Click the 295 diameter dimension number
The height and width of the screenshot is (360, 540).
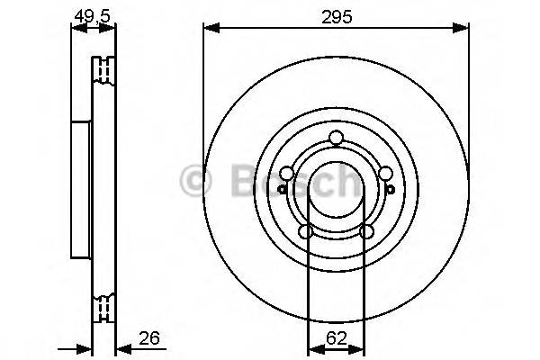[x=337, y=16]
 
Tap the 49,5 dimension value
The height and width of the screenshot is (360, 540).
[x=93, y=16]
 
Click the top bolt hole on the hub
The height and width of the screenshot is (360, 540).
[x=337, y=137]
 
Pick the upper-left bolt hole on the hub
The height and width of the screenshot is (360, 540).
[x=287, y=174]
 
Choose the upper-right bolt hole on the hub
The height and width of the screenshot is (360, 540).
[x=385, y=174]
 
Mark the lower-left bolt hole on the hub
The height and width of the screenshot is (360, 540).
[x=306, y=231]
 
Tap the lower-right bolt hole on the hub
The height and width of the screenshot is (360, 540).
[x=366, y=231]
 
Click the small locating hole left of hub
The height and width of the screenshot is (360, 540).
[x=282, y=189]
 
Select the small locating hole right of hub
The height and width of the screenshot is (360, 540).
[x=391, y=189]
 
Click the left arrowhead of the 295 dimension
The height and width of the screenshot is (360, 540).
[x=210, y=30]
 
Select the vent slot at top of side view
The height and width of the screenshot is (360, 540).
[x=105, y=69]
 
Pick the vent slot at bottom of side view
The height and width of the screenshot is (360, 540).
[x=105, y=308]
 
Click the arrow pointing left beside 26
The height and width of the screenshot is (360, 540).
[x=121, y=347]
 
